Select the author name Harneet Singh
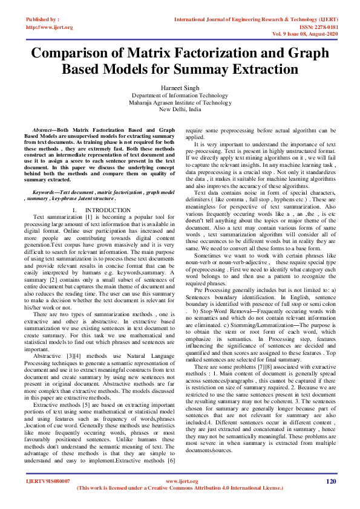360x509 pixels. click(180, 88)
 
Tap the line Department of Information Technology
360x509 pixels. click(180, 96)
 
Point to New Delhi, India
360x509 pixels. click(180, 110)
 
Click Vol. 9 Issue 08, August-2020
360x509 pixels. click(304, 34)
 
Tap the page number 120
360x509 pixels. click(330, 481)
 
